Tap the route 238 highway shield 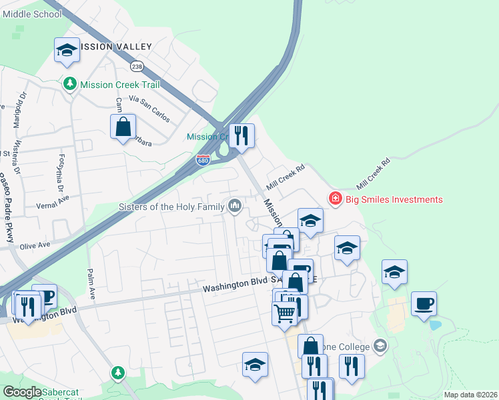[x=137, y=67]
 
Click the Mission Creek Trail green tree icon [x=70, y=84]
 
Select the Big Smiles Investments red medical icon [x=335, y=199]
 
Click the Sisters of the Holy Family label [x=171, y=207]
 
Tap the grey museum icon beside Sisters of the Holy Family [x=234, y=207]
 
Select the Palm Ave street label [x=89, y=283]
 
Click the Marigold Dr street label [x=15, y=114]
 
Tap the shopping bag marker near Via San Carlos [x=123, y=127]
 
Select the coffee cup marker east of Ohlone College [x=424, y=304]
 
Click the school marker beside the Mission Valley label [x=66, y=50]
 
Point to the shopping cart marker [x=285, y=312]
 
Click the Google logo [x=22, y=392]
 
